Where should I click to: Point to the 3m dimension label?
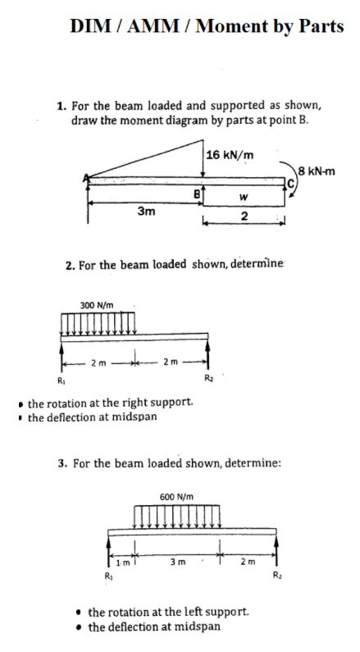pos(147,211)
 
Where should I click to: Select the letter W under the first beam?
pos(244,196)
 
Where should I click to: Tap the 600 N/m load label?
pos(176,497)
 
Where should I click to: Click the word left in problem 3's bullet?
pos(198,611)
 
